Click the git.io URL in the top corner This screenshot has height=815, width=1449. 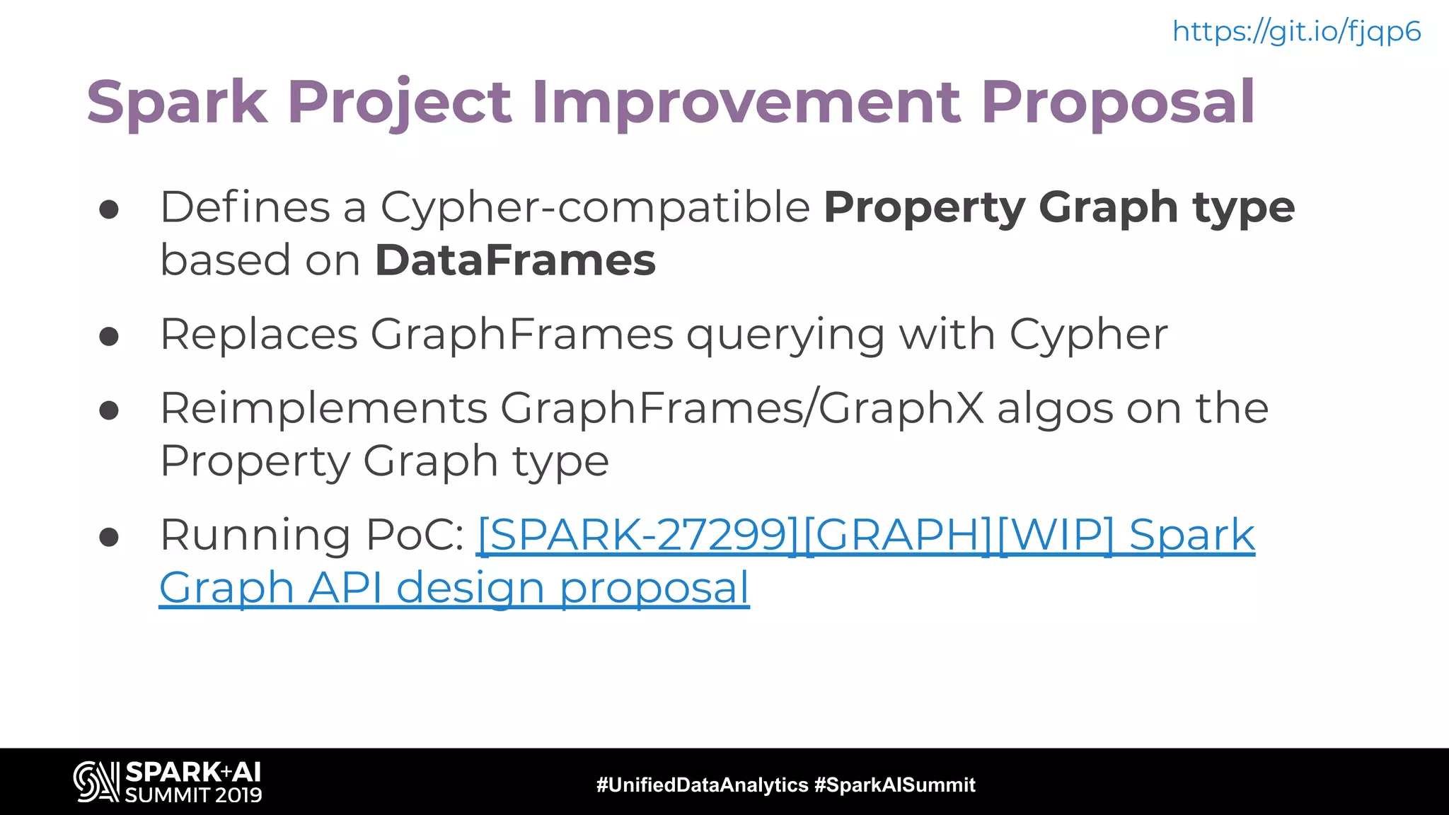1296,32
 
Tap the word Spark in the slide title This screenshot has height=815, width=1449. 177,102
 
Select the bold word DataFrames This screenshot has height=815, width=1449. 515,260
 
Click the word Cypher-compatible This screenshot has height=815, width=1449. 595,207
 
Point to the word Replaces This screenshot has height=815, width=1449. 259,334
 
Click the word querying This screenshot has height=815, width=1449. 785,335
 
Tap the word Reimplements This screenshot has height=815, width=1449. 324,408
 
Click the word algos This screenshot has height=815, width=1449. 1054,408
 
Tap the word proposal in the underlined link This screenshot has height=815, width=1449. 654,589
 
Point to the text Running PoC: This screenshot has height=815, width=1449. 312,535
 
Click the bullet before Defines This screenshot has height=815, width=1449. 109,209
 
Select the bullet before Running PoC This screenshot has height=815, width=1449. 109,538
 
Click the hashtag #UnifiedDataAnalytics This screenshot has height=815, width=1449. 702,785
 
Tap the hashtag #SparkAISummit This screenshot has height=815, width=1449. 894,785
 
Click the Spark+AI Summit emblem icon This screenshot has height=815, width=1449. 96,782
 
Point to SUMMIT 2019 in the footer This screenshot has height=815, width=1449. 193,794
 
